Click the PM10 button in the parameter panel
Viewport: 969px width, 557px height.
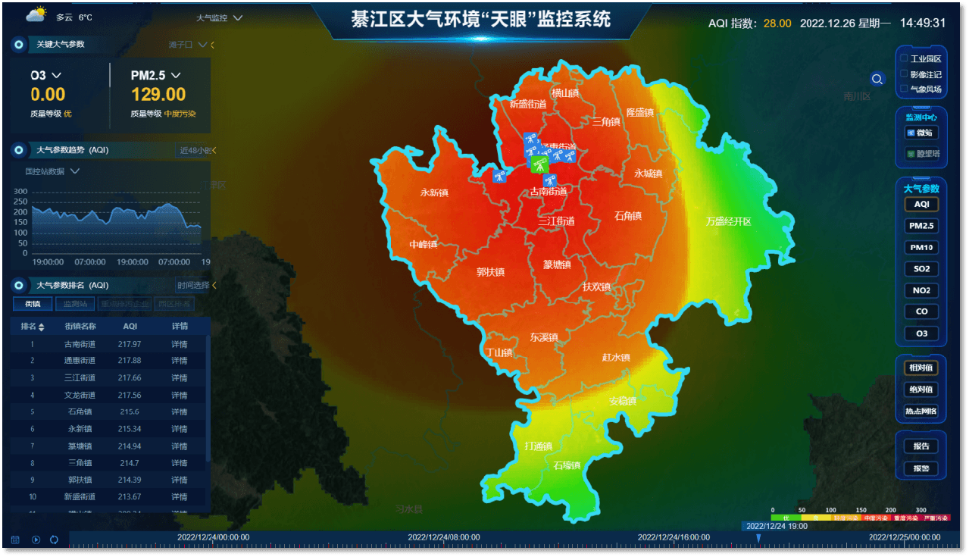point(921,247)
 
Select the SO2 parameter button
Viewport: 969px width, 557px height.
point(921,269)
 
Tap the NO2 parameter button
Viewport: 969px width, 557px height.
point(921,290)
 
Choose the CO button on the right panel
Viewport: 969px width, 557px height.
point(921,311)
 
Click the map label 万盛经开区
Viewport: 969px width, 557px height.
point(728,221)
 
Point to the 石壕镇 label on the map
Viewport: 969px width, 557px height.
point(567,465)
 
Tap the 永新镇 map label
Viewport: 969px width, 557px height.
point(434,192)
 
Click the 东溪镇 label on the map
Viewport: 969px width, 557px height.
point(544,337)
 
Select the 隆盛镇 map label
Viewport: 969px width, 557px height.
point(639,112)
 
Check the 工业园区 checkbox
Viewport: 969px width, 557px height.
point(903,58)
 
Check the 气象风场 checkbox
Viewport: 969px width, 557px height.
point(903,89)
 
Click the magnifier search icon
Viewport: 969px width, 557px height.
point(877,79)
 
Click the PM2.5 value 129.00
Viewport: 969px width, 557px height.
point(158,95)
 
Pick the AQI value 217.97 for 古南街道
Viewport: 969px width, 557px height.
point(130,344)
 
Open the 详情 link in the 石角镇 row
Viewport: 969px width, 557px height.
point(180,411)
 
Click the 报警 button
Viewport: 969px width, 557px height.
point(921,468)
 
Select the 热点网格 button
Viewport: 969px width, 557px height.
point(921,411)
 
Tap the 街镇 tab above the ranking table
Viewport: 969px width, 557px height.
point(33,304)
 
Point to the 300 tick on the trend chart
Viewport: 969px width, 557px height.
point(20,192)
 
